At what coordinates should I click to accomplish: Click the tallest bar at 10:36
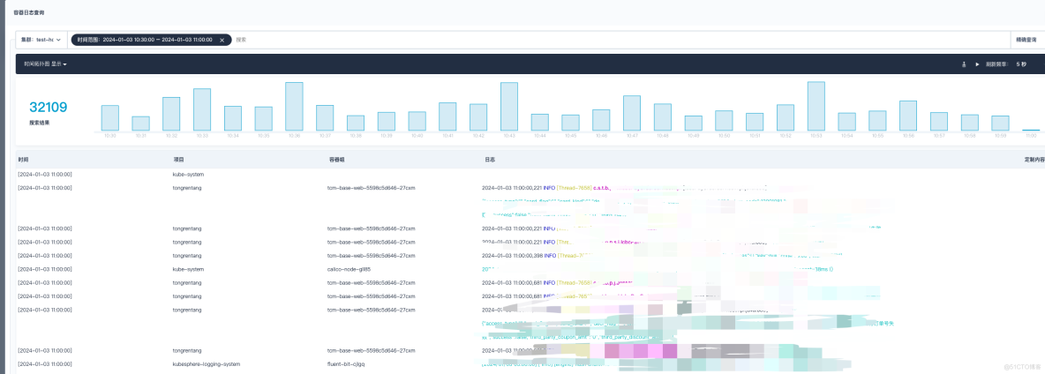pyautogui.click(x=294, y=107)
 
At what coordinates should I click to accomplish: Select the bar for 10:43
pyautogui.click(x=508, y=107)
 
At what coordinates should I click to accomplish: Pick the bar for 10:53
pyautogui.click(x=816, y=107)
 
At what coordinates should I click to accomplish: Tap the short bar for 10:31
pyautogui.click(x=140, y=123)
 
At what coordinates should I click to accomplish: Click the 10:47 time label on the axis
pyautogui.click(x=631, y=135)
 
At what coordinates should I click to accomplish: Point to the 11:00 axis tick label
pyautogui.click(x=1030, y=135)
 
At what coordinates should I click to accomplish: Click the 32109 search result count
pyautogui.click(x=49, y=108)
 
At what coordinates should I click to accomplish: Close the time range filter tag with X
pyautogui.click(x=222, y=40)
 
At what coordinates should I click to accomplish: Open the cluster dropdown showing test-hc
pyautogui.click(x=41, y=40)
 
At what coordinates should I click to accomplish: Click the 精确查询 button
pyautogui.click(x=1027, y=40)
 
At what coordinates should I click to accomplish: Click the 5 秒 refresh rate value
pyautogui.click(x=1021, y=64)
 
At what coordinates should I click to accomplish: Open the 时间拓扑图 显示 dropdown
pyautogui.click(x=45, y=64)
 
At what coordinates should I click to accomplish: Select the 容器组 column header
pyautogui.click(x=337, y=160)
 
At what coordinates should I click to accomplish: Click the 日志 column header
pyautogui.click(x=490, y=160)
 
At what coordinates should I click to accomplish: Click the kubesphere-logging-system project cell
pyautogui.click(x=206, y=363)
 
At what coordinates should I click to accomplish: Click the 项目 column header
pyautogui.click(x=178, y=160)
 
